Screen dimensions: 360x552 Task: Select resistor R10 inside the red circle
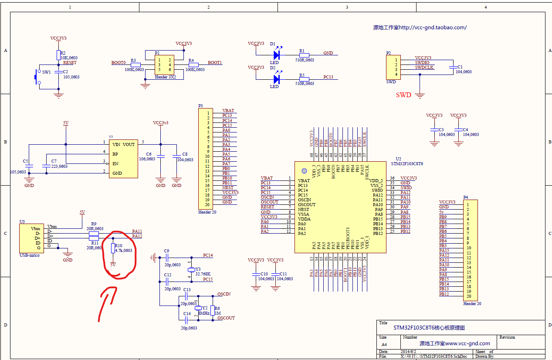tap(113, 248)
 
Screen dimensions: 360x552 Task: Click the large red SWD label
tap(403, 95)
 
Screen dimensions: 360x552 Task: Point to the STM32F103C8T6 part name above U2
tap(407, 164)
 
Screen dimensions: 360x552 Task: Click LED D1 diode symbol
tap(276, 55)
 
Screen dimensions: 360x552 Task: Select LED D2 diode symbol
tap(276, 79)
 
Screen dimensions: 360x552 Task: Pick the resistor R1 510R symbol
tap(304, 55)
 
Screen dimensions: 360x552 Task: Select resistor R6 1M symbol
tap(212, 310)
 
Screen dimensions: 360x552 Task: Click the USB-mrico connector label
tap(30, 255)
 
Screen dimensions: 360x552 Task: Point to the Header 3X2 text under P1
tap(165, 77)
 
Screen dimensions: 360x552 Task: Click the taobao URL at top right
tap(420, 27)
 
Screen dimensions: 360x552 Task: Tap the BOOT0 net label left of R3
tap(118, 63)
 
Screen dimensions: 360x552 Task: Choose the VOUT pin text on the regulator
tap(129, 144)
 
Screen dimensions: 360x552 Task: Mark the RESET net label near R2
tap(70, 63)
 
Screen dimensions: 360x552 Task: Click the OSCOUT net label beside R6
tap(226, 318)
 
